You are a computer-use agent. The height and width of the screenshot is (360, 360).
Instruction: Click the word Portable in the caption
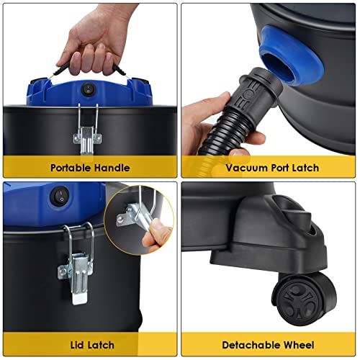pos(72,168)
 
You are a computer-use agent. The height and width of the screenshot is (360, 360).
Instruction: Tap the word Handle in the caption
pos(112,168)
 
